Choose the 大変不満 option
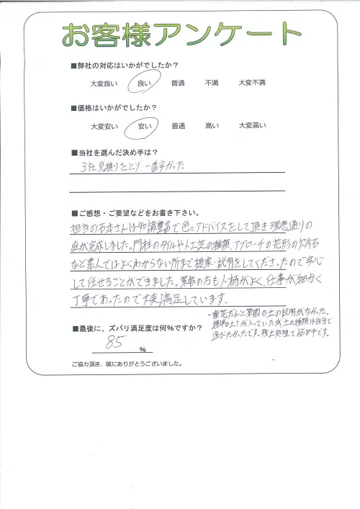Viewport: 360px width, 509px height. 252,84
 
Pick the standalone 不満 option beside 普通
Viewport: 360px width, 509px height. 212,84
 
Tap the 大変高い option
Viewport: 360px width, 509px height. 252,127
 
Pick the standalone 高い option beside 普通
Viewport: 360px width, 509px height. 212,127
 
